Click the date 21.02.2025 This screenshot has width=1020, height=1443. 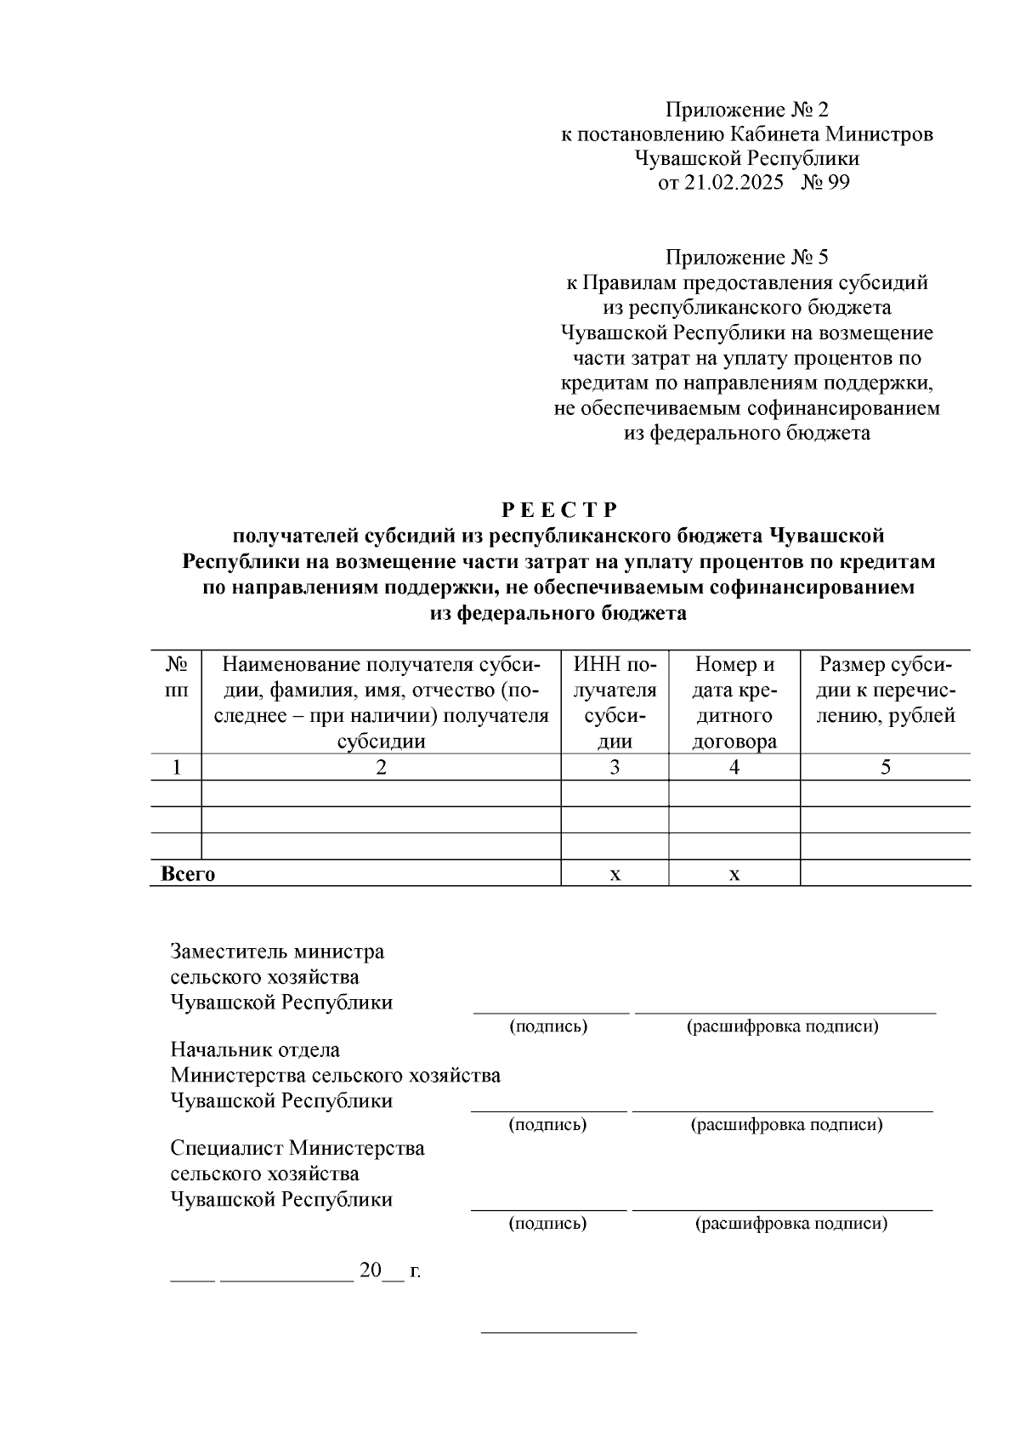pyautogui.click(x=733, y=183)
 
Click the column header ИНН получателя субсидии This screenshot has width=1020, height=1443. pyautogui.click(x=615, y=702)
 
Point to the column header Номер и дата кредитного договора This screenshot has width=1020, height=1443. pyautogui.click(x=734, y=702)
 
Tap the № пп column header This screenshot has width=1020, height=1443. pyautogui.click(x=176, y=677)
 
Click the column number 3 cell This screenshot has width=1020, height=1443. pyautogui.click(x=615, y=767)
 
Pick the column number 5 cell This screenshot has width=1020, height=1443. pyautogui.click(x=885, y=767)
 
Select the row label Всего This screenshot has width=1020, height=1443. pyautogui.click(x=188, y=874)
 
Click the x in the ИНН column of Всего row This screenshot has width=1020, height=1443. pyautogui.click(x=615, y=874)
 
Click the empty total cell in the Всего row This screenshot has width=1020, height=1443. pyautogui.click(x=885, y=873)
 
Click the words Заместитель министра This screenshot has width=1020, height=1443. pyautogui.click(x=277, y=952)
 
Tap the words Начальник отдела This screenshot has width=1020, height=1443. pyautogui.click(x=255, y=1050)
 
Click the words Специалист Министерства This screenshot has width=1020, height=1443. pyautogui.click(x=297, y=1149)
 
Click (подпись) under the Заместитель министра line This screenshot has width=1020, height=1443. pyautogui.click(x=548, y=1026)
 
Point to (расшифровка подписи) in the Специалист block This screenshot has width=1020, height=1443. pyautogui.click(x=790, y=1224)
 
